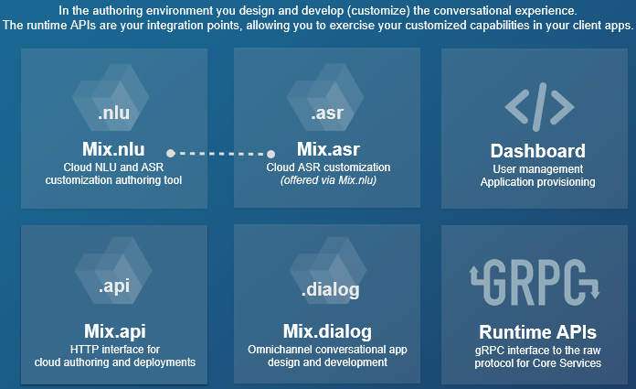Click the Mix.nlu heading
click(x=113, y=151)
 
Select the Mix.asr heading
click(x=328, y=151)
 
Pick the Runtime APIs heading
click(x=538, y=331)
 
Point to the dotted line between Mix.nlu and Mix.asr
click(x=220, y=153)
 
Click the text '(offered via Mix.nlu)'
click(x=328, y=181)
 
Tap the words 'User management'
click(x=538, y=168)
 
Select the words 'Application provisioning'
click(x=538, y=182)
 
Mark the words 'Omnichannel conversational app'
click(x=328, y=349)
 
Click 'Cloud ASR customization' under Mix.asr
click(x=328, y=167)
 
